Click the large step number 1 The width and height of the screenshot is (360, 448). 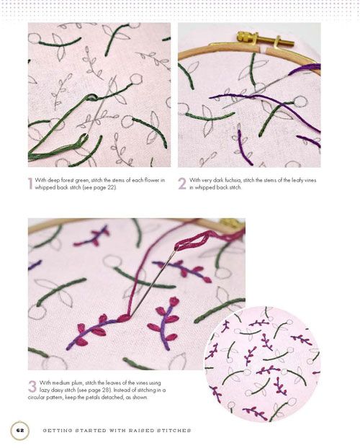coord(30,184)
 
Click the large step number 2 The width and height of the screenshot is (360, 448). coord(182,184)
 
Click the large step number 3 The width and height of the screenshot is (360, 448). coord(32,386)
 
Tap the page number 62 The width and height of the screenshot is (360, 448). coord(19,430)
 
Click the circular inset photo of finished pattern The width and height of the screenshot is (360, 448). coord(262,364)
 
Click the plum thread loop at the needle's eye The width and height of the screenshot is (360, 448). coord(191,241)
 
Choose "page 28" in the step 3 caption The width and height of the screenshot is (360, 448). coord(102,390)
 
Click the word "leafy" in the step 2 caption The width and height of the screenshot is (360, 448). coord(297,180)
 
